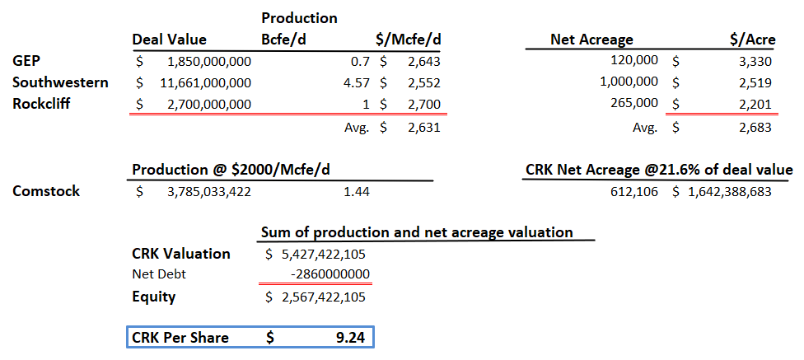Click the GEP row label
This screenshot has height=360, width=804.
[26, 61]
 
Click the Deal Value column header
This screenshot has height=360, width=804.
[169, 40]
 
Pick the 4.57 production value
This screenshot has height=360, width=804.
[358, 82]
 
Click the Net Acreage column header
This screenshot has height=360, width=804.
[591, 40]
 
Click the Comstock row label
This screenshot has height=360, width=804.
[46, 191]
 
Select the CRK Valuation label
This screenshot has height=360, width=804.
[181, 254]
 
